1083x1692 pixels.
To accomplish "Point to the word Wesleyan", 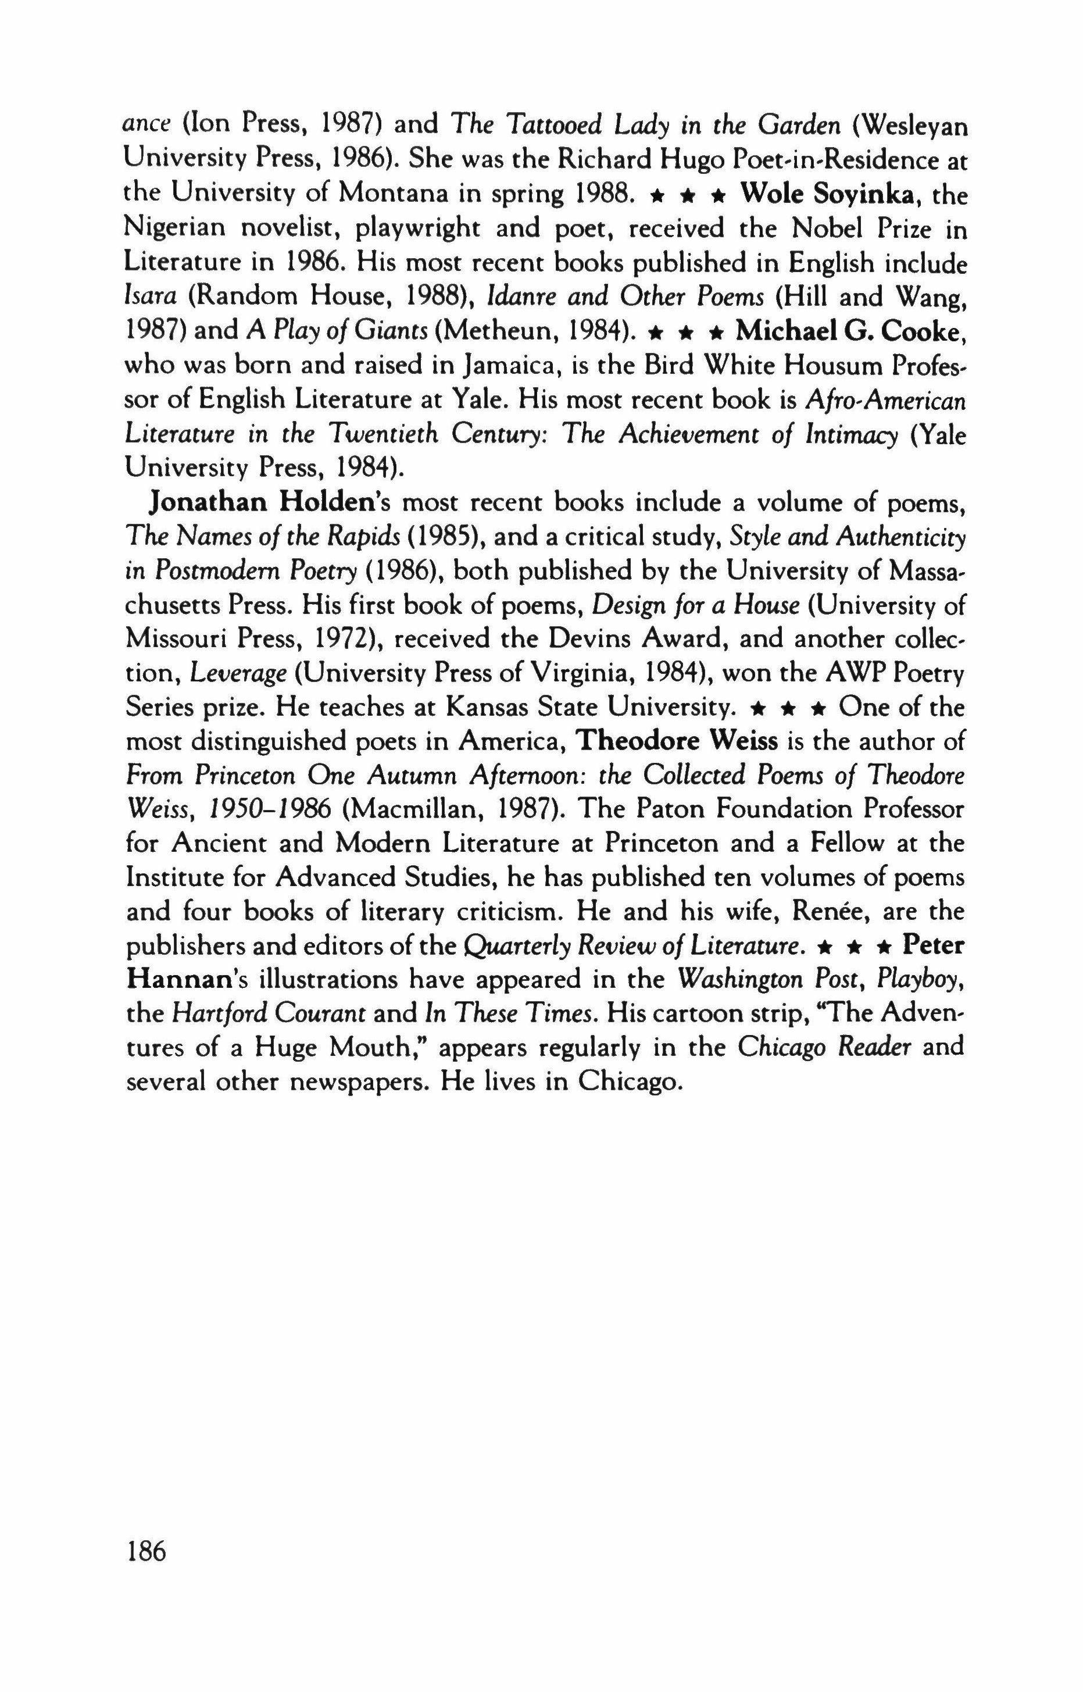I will (x=912, y=125).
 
